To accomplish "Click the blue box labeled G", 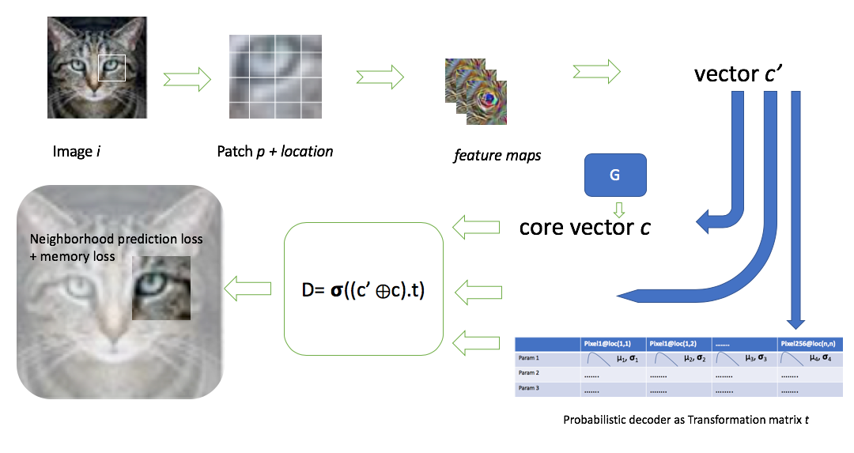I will [614, 175].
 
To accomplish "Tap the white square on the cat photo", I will [111, 67].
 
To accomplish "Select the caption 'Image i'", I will [77, 151].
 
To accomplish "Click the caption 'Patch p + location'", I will [274, 151].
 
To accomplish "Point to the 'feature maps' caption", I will [497, 155].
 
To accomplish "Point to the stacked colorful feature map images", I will [475, 91].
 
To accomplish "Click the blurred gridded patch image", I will [274, 77].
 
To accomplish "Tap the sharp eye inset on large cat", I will [161, 287].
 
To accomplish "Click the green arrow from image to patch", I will [187, 78].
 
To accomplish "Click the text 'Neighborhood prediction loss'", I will [115, 239].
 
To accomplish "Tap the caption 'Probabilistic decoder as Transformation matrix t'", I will [686, 420].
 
